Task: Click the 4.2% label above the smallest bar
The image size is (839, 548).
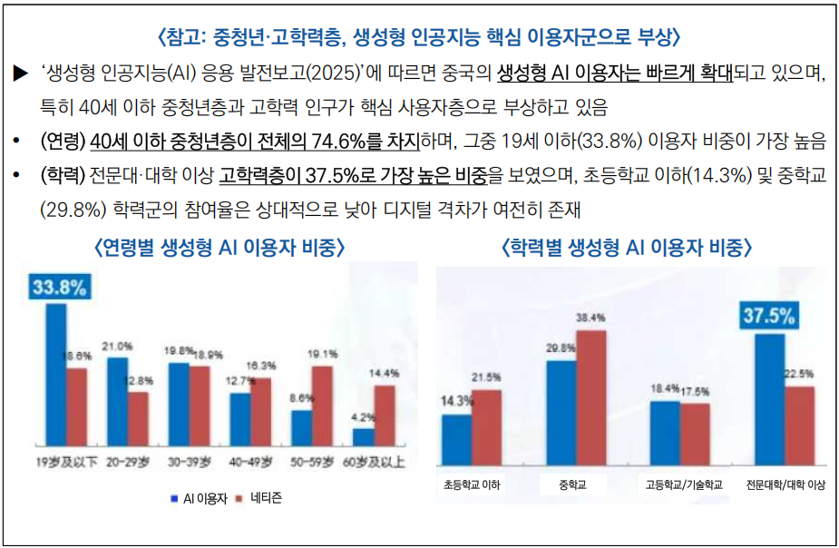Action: (x=363, y=417)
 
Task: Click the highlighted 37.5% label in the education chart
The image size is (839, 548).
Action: (x=769, y=317)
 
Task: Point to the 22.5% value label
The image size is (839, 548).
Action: (x=800, y=373)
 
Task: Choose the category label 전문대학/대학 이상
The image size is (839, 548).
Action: (x=785, y=484)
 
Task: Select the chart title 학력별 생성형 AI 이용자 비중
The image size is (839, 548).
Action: (x=627, y=247)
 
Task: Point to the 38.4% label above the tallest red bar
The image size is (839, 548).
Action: (x=590, y=318)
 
